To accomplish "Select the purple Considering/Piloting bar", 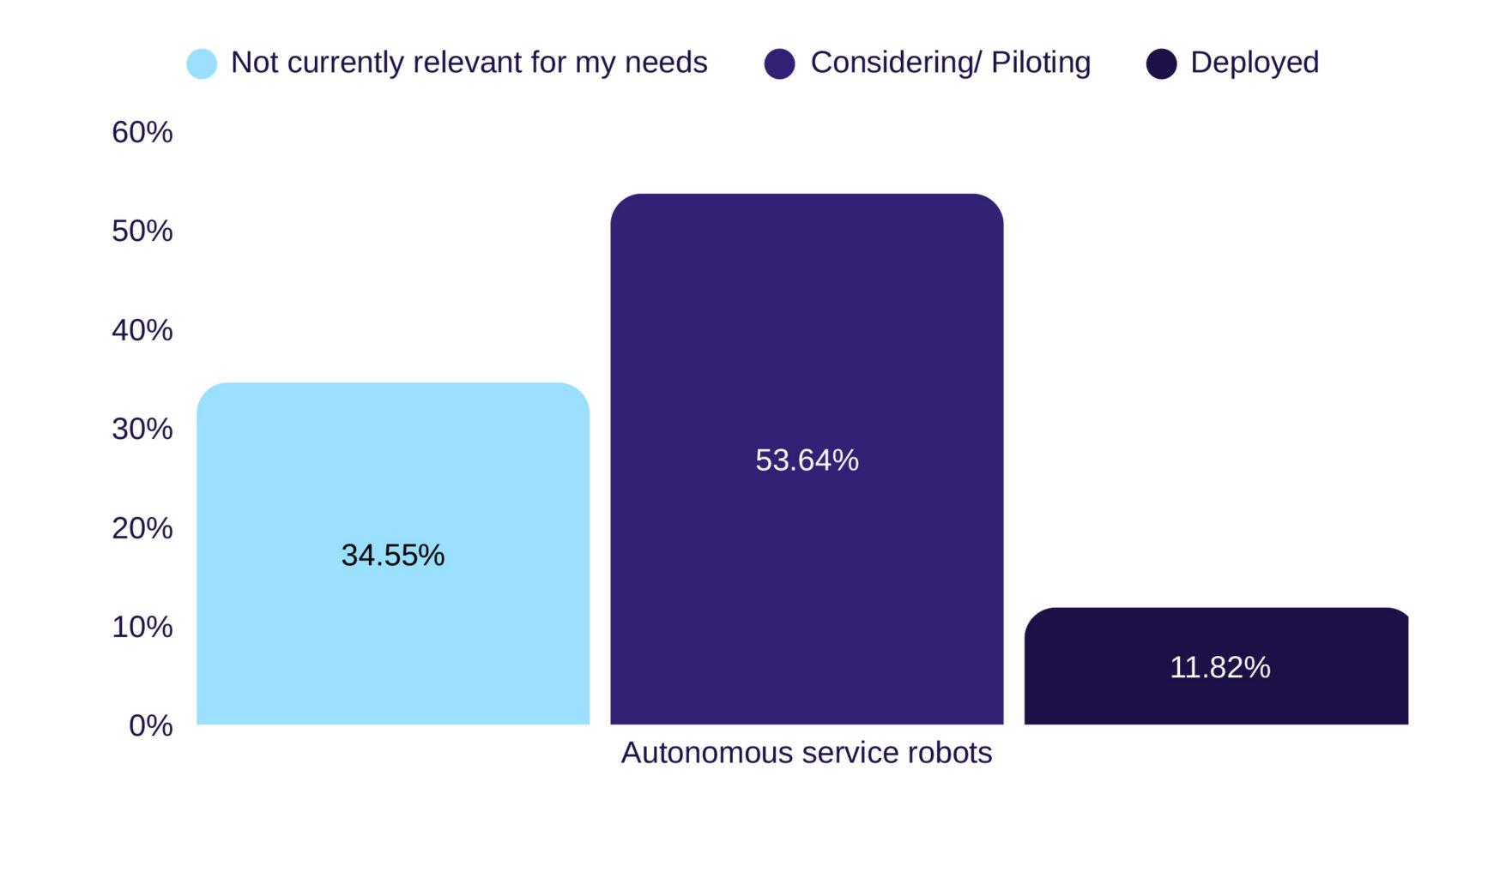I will tap(807, 360).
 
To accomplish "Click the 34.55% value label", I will tap(393, 556).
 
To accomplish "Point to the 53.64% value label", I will tap(807, 460).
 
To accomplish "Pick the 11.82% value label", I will tap(1219, 667).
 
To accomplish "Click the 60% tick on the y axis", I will tap(142, 132).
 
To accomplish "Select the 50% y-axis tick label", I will tap(142, 231).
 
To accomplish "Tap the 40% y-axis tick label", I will tap(142, 330).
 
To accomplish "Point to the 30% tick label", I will tap(142, 429).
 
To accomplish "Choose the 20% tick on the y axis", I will tap(142, 528).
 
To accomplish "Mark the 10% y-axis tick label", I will tap(142, 627).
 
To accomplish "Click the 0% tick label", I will tap(151, 725).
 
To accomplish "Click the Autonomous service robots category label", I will tap(806, 753).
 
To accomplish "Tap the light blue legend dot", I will tap(202, 63).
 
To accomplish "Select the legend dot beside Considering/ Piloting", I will tap(779, 63).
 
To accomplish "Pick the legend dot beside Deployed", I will tap(1161, 63).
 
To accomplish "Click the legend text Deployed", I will tap(1255, 63).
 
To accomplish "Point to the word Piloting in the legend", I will tap(1040, 63).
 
